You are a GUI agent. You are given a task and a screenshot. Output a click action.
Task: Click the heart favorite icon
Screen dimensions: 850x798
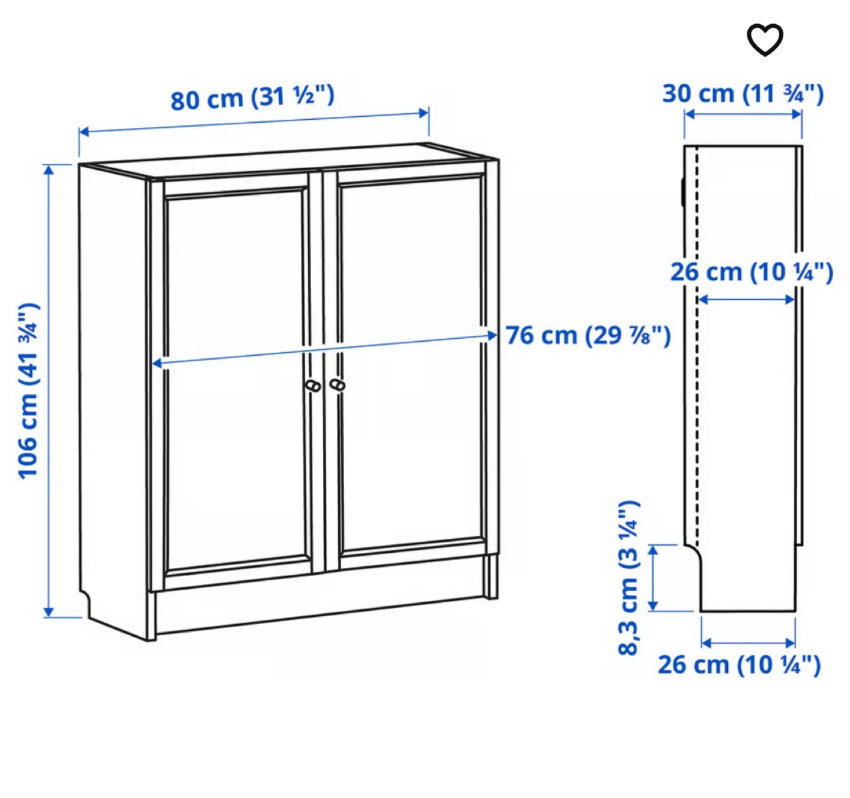pyautogui.click(x=764, y=40)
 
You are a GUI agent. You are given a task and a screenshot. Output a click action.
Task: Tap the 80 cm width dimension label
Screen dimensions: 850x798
pyautogui.click(x=253, y=97)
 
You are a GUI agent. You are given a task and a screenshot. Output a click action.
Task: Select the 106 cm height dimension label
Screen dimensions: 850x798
pyautogui.click(x=28, y=390)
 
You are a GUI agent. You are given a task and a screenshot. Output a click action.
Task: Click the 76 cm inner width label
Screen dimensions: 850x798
pyautogui.click(x=588, y=335)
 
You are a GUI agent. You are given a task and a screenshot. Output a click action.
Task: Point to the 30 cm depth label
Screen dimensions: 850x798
pyautogui.click(x=743, y=94)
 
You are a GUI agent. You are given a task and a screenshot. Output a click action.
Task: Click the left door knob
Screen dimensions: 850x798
pyautogui.click(x=313, y=386)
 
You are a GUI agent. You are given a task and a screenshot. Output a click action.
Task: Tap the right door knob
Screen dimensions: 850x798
pyautogui.click(x=338, y=385)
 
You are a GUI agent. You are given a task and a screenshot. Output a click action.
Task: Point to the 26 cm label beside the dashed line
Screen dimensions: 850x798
pyautogui.click(x=751, y=272)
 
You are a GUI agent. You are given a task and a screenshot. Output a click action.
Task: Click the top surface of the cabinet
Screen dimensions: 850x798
pyautogui.click(x=287, y=161)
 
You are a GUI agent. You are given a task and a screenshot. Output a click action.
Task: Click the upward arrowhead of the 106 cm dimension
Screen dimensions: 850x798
pyautogui.click(x=49, y=170)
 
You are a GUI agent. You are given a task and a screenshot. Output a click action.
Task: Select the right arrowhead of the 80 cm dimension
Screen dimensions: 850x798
pyautogui.click(x=423, y=113)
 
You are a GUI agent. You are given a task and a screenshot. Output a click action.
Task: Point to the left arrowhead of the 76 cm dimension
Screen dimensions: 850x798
pyautogui.click(x=157, y=364)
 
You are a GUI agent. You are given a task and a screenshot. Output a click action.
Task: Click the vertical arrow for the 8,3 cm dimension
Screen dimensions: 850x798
pyautogui.click(x=653, y=577)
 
